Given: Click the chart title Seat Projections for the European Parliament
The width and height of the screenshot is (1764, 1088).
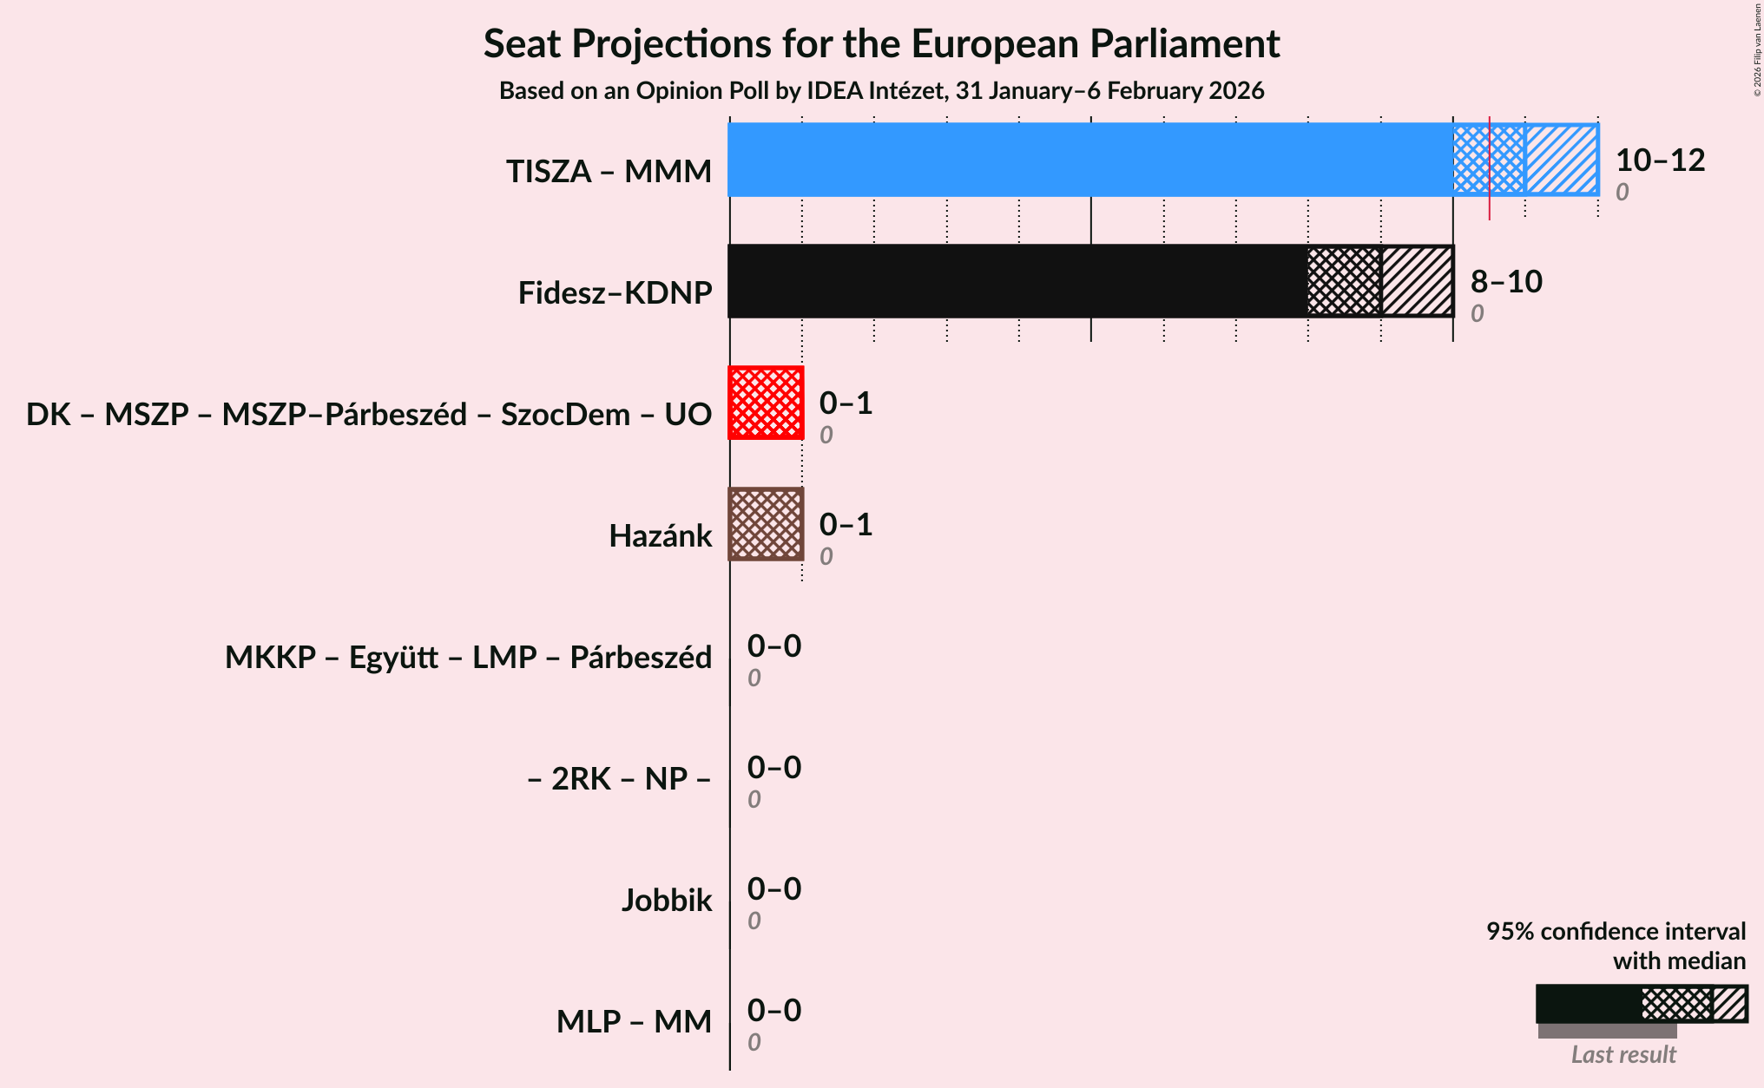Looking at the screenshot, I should pos(881,43).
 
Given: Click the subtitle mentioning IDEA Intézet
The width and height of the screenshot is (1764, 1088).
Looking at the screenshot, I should pos(881,91).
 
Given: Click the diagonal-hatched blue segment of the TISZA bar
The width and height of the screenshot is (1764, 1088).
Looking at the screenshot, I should pos(1562,160).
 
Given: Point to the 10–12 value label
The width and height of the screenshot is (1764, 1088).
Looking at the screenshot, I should pos(1660,161).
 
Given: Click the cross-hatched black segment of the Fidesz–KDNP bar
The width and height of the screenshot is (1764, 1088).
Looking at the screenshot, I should pos(1344,281).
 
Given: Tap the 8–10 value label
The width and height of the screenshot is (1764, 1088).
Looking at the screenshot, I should pos(1506,282).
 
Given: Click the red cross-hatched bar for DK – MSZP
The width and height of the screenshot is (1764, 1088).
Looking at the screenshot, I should pos(766,403).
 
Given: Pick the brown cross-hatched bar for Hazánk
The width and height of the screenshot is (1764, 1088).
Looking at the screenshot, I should pos(766,524).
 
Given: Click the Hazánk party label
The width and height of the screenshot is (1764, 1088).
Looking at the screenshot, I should pos(660,536).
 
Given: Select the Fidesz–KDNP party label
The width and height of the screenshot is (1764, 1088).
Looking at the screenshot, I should pos(615,293).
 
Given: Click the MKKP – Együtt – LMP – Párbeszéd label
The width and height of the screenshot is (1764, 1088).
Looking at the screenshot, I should pos(468,658).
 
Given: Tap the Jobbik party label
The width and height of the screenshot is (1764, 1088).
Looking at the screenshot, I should pos(666,901).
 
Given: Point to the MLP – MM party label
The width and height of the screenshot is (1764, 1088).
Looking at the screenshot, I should pos(634,1022).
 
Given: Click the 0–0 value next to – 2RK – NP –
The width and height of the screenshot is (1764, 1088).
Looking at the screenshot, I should pos(774,768).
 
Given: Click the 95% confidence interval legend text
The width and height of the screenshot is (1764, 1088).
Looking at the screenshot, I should pos(1616,932).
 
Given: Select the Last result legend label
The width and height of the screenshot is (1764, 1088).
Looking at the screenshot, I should pos(1623,1055).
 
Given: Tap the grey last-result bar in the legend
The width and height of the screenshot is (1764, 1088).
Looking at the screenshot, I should pos(1607,1031).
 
